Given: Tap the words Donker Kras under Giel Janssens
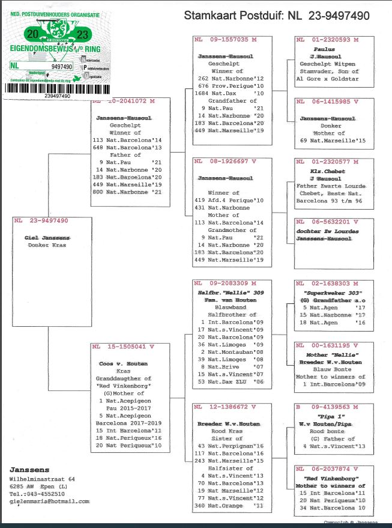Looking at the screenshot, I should (x=47, y=245).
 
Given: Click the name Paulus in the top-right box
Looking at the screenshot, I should (x=324, y=50).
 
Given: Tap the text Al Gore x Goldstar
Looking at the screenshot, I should (x=325, y=78).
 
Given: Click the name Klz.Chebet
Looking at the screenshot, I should (x=324, y=171).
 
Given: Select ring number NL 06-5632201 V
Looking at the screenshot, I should (x=327, y=221).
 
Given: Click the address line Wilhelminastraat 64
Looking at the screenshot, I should (x=42, y=479).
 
